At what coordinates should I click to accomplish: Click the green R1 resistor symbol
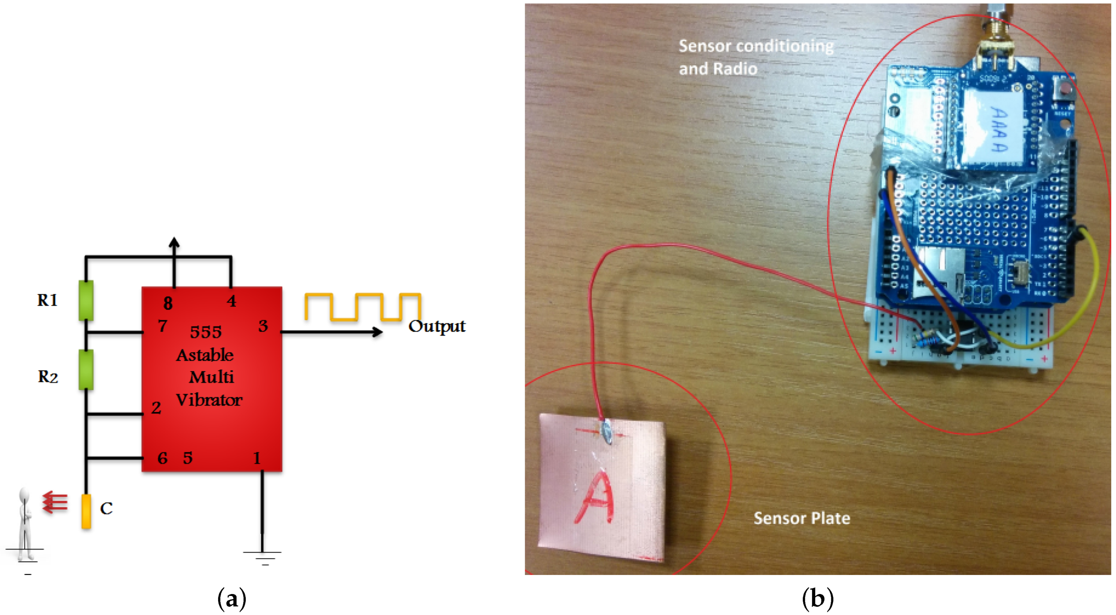point(86,300)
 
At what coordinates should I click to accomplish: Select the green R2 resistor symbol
point(86,369)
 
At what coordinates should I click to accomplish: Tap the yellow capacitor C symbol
point(86,511)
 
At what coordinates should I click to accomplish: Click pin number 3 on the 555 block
point(263,326)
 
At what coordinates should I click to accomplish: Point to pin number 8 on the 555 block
point(168,303)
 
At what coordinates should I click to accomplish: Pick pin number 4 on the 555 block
point(232,301)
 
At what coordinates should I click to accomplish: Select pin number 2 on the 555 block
point(156,408)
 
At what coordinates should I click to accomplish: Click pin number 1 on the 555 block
point(257,458)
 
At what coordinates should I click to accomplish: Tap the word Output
point(437,326)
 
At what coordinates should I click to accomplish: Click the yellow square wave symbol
point(363,307)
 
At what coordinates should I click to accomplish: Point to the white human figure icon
point(25,524)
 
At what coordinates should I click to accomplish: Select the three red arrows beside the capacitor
point(55,502)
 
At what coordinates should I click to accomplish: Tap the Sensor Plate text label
point(802,519)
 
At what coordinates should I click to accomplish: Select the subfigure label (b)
point(818,599)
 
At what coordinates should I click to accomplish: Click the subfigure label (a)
point(232,599)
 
